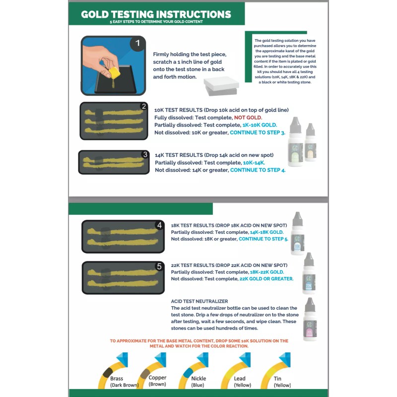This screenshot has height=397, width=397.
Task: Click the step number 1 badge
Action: pyautogui.click(x=137, y=44)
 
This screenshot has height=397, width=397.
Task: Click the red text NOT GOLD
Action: pyautogui.click(x=248, y=117)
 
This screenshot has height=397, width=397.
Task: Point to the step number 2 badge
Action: pyautogui.click(x=143, y=106)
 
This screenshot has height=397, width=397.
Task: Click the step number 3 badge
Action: pyautogui.click(x=144, y=154)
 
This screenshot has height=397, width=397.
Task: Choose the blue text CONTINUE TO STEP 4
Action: pyautogui.click(x=258, y=170)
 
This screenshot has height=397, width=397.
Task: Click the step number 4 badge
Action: pyautogui.click(x=159, y=225)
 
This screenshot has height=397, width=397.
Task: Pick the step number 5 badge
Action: pyautogui.click(x=159, y=266)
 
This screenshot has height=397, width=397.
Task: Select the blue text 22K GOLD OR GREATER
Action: pyautogui.click(x=266, y=279)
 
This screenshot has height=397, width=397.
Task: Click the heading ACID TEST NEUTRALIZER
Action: pyautogui.click(x=199, y=301)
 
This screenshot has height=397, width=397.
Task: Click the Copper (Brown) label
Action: pyautogui.click(x=157, y=381)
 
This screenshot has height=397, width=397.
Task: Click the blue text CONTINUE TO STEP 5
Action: pyautogui.click(x=263, y=239)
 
